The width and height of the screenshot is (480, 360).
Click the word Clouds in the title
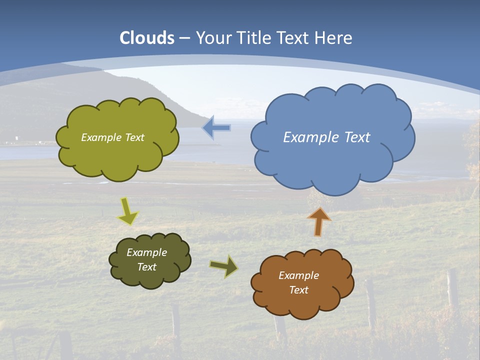147,38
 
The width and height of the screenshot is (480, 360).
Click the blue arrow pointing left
216,127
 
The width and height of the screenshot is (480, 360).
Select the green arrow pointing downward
128,211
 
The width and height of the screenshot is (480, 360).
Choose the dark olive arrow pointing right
223,266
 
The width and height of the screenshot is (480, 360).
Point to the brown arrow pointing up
318,221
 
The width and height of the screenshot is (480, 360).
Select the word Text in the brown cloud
298,290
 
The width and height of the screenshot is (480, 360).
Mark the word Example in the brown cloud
298,275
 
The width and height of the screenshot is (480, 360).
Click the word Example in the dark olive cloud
146,252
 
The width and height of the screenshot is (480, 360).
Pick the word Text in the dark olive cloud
146,267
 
